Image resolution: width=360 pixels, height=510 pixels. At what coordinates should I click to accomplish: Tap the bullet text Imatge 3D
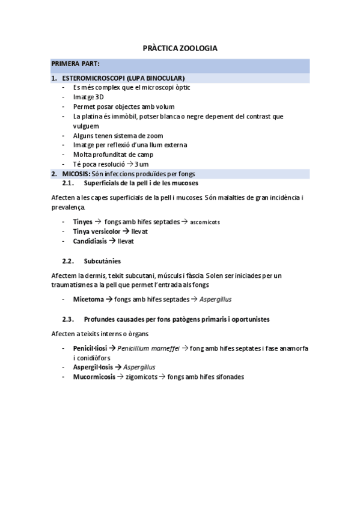tap(88, 97)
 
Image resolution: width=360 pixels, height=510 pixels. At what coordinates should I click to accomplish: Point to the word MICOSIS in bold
tap(76, 174)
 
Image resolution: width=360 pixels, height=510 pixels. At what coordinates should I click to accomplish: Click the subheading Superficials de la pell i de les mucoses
tap(141, 183)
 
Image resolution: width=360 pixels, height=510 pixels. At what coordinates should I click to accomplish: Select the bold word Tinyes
tap(83, 221)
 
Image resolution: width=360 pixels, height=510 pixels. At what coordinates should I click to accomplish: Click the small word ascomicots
tap(206, 222)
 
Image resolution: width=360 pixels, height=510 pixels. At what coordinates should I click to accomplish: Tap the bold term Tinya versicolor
tap(96, 231)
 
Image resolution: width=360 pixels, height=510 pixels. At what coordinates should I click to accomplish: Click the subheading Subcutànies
tap(103, 261)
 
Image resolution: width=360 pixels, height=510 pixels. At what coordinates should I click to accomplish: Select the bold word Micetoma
tap(88, 299)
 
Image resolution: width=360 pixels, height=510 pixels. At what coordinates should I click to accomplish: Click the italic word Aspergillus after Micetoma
tap(216, 299)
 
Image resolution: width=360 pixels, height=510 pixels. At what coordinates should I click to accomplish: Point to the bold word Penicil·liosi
tap(90, 348)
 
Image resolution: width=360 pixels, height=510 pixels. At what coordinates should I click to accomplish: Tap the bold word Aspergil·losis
tap(93, 367)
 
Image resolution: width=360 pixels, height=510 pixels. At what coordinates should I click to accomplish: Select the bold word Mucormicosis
tap(94, 376)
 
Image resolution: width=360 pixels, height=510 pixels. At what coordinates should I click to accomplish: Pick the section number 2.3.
tap(68, 319)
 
